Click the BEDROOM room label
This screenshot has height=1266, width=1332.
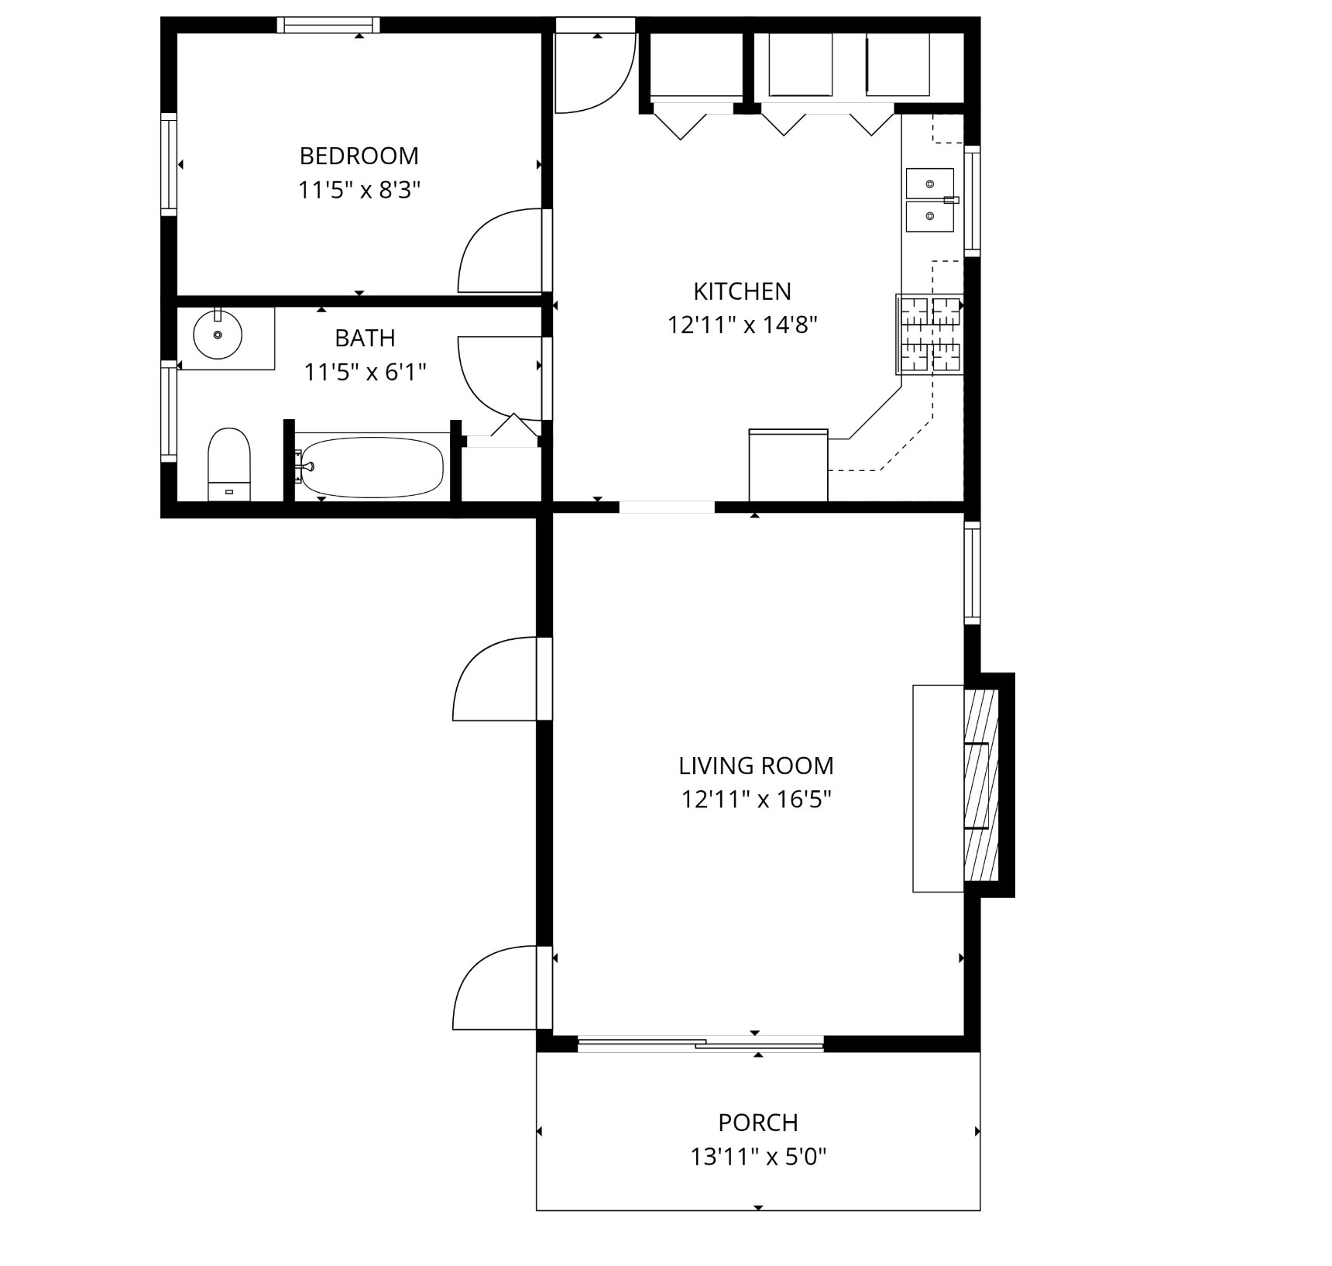point(359,157)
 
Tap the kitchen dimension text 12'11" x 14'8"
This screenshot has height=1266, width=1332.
point(743,325)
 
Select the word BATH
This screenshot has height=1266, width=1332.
point(365,339)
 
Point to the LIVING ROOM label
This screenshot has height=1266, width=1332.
point(756,766)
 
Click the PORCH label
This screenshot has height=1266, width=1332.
point(758,1123)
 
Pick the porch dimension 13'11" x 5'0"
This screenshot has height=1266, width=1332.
point(758,1158)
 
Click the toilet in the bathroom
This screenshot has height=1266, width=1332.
point(229,464)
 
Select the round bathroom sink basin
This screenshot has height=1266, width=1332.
point(218,335)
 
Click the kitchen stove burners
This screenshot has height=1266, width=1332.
point(930,334)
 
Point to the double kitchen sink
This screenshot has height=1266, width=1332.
point(930,200)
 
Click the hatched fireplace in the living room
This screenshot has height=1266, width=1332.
point(981,785)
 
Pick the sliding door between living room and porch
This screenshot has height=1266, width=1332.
point(701,1043)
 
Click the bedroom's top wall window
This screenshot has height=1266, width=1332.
point(328,26)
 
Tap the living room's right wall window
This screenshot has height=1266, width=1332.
point(972,573)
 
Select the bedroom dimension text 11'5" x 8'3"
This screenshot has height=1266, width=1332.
point(359,191)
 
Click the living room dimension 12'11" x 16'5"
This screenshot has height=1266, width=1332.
point(756,800)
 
